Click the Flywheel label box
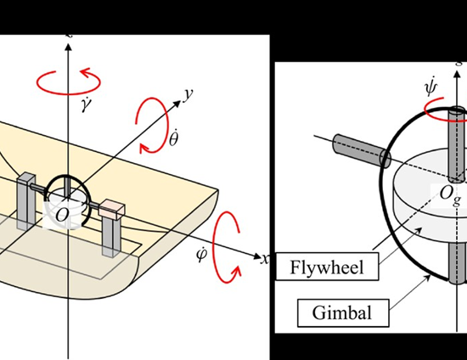[327, 267]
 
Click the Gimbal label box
[343, 312]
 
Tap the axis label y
[188, 94]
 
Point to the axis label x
[265, 259]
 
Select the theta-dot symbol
[174, 138]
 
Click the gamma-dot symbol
[87, 104]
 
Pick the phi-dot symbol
[201, 255]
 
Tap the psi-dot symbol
[431, 87]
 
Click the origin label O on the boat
[62, 215]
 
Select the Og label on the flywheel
[450, 195]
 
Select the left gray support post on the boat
[26, 200]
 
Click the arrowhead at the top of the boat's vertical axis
[69, 47]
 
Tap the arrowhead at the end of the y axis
[177, 104]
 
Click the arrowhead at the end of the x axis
[256, 256]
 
